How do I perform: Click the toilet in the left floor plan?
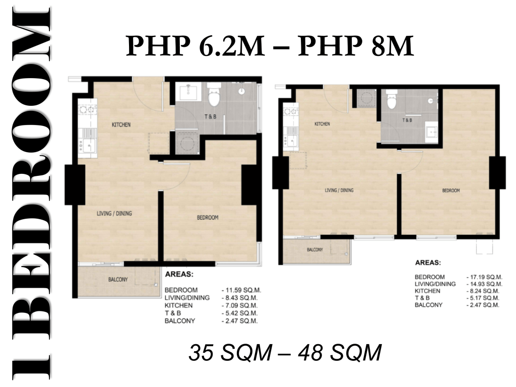214,94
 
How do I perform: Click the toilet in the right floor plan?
391,99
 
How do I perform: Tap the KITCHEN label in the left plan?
121,125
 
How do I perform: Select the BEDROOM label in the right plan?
451,190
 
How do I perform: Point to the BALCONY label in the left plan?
118,280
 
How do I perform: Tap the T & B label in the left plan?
210,116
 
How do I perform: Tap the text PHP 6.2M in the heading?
196,46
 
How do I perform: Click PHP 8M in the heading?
355,46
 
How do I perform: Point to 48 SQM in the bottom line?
340,352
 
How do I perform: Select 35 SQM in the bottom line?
230,352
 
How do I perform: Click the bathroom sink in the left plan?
188,92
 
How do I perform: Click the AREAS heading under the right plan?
428,263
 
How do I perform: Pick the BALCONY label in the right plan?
315,250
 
